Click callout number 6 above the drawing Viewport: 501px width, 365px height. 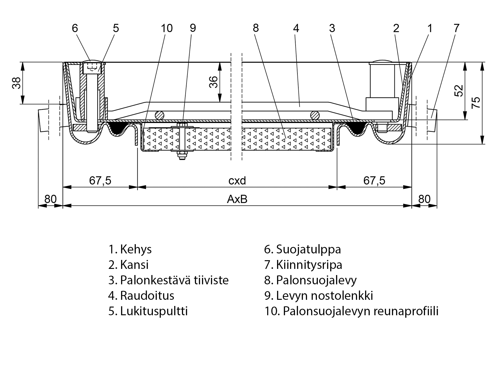click(x=75, y=28)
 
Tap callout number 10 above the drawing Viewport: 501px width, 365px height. click(x=166, y=28)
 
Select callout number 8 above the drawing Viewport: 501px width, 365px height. click(x=255, y=28)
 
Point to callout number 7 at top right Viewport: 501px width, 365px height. click(x=457, y=28)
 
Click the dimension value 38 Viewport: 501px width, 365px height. click(x=17, y=83)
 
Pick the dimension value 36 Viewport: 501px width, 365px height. click(x=213, y=82)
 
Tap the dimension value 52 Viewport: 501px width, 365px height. click(x=459, y=90)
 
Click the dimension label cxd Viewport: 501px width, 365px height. click(x=237, y=180)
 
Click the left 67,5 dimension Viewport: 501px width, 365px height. click(x=100, y=180)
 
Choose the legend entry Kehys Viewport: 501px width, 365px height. click(x=130, y=249)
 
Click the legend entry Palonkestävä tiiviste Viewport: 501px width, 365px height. click(x=168, y=280)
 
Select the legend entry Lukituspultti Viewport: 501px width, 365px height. click(x=148, y=311)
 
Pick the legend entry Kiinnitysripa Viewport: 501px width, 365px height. click(x=303, y=265)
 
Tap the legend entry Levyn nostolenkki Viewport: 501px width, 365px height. click(x=318, y=295)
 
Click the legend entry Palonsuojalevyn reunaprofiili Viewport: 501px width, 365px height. click(x=351, y=311)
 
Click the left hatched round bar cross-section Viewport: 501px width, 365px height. click(x=160, y=115)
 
